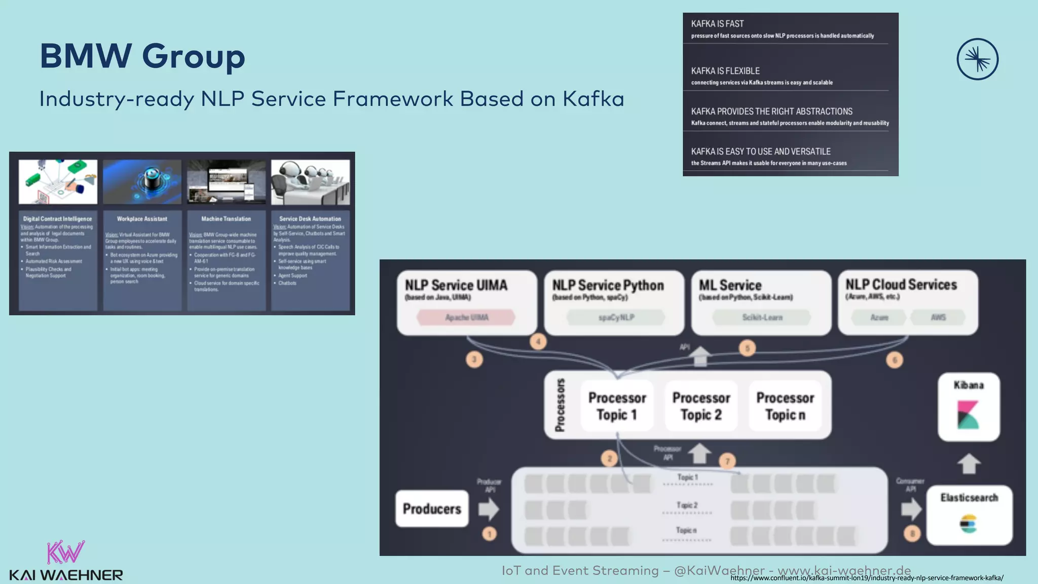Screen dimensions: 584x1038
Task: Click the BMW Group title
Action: pyautogui.click(x=142, y=56)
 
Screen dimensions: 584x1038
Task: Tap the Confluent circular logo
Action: pyautogui.click(x=977, y=59)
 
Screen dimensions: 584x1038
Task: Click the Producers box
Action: pyautogui.click(x=432, y=508)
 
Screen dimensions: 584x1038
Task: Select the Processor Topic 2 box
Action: pyautogui.click(x=701, y=406)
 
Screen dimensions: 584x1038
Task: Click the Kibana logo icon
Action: pyautogui.click(x=968, y=414)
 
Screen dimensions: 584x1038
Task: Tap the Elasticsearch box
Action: pyautogui.click(x=969, y=515)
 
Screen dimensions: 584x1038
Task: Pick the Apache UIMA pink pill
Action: pyautogui.click(x=466, y=317)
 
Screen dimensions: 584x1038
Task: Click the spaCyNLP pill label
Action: pyautogui.click(x=616, y=317)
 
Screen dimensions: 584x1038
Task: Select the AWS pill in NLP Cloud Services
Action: pyautogui.click(x=938, y=317)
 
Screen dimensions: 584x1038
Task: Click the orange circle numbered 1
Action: pyautogui.click(x=490, y=533)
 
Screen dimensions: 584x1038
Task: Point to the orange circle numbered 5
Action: pyautogui.click(x=747, y=348)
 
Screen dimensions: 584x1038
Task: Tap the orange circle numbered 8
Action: pyautogui.click(x=912, y=533)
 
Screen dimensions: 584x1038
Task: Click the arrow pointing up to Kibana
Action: pyautogui.click(x=969, y=463)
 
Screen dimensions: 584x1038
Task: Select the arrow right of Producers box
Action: pyautogui.click(x=489, y=508)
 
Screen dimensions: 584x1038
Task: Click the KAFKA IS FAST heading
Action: pyautogui.click(x=717, y=24)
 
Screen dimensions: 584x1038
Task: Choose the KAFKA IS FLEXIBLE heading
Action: pyautogui.click(x=725, y=71)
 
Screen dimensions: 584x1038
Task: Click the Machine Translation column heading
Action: pyautogui.click(x=226, y=219)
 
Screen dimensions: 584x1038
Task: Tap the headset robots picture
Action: pyautogui.click(x=310, y=182)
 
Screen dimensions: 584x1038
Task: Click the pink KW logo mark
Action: pyautogui.click(x=65, y=552)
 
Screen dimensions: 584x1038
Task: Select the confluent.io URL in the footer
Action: pyautogui.click(x=867, y=578)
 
